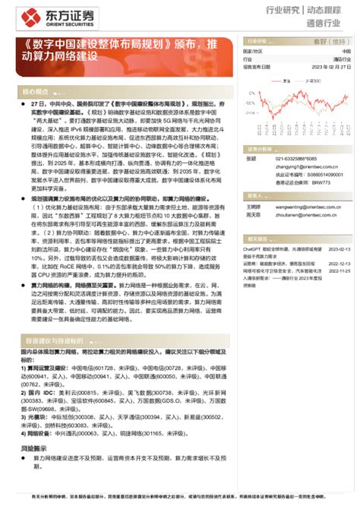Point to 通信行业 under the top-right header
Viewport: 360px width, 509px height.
point(330,24)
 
